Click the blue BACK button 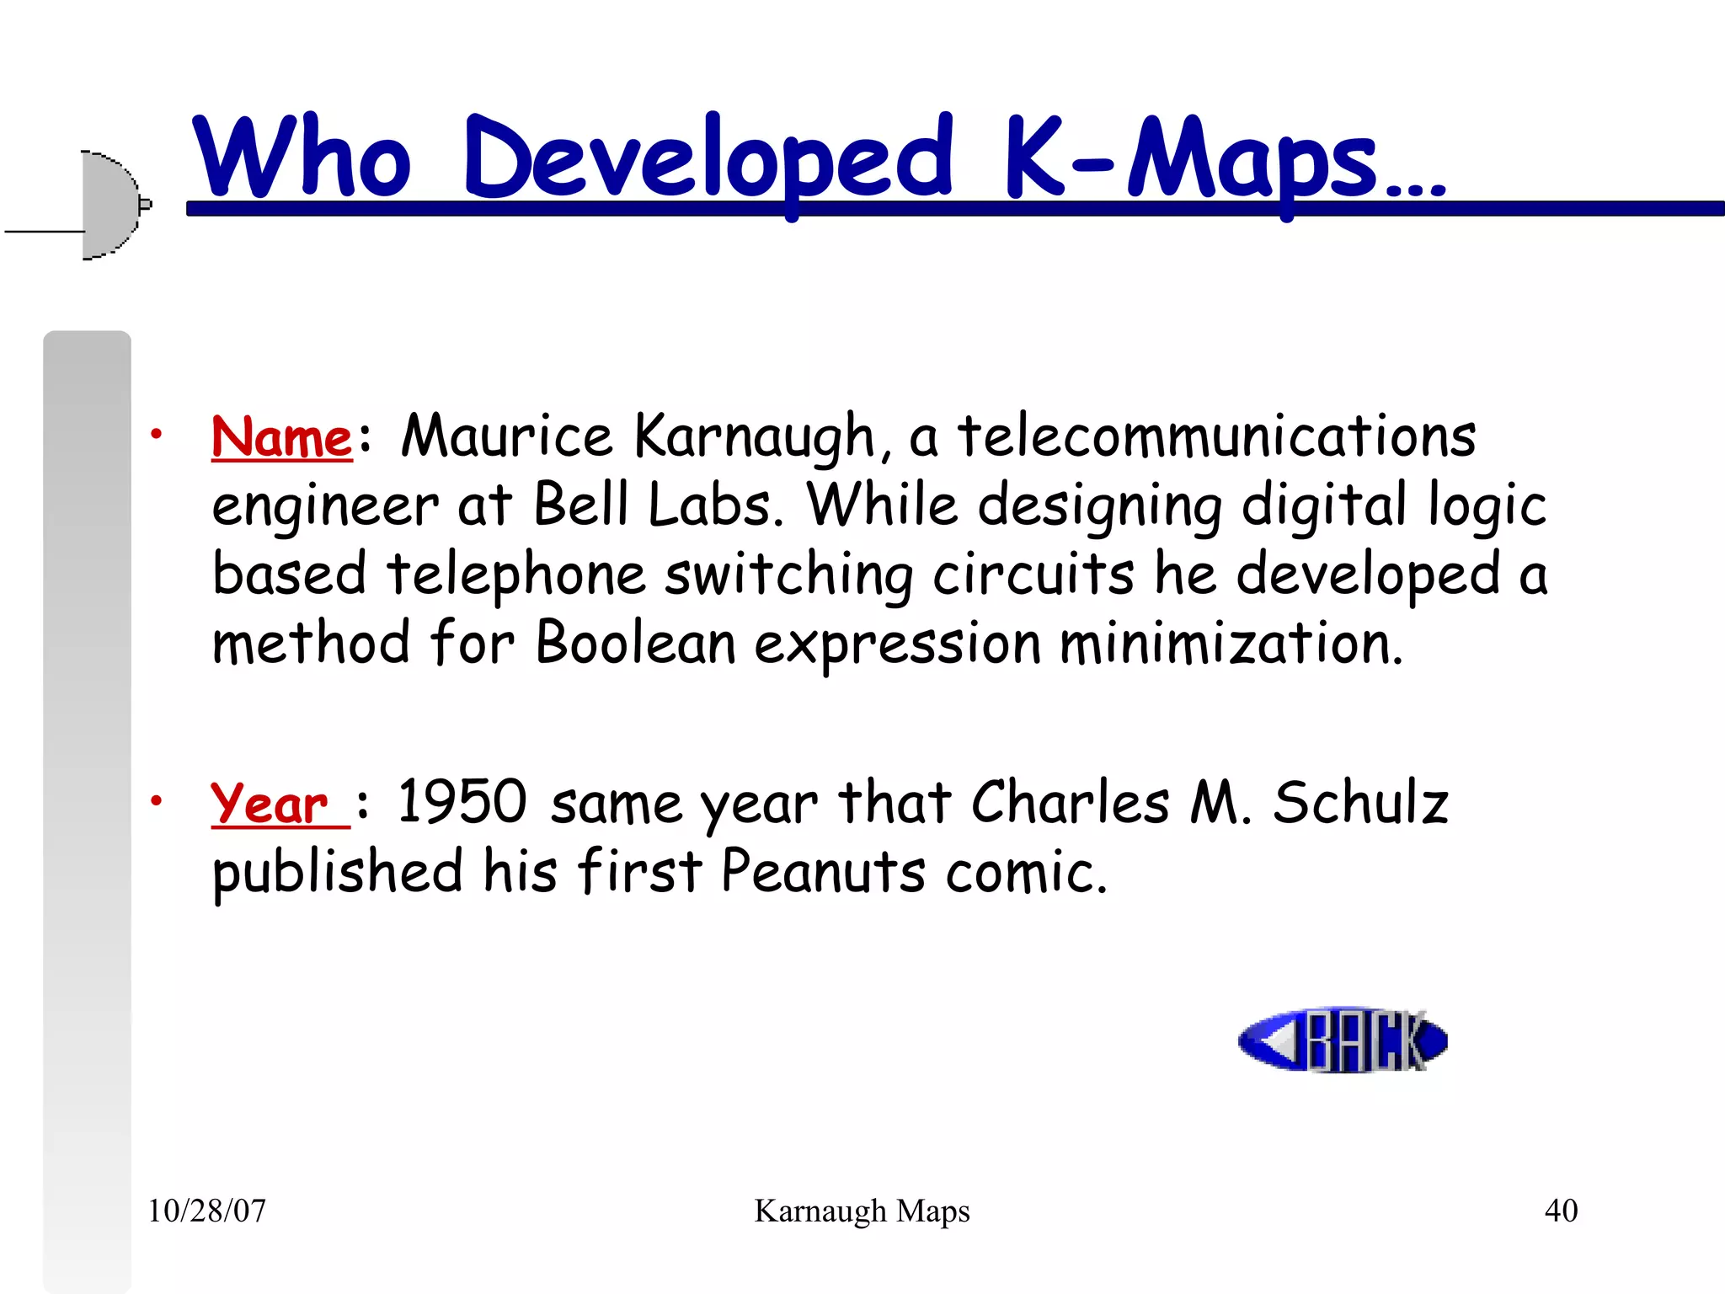1343,1040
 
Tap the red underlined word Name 281,438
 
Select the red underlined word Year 270,804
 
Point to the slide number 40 1561,1211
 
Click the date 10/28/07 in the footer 207,1211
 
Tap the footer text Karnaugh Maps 862,1211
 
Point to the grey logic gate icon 109,205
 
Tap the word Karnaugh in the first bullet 754,438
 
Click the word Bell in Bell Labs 581,505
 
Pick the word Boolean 636,643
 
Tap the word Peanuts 823,871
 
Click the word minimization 1230,643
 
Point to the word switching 788,575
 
